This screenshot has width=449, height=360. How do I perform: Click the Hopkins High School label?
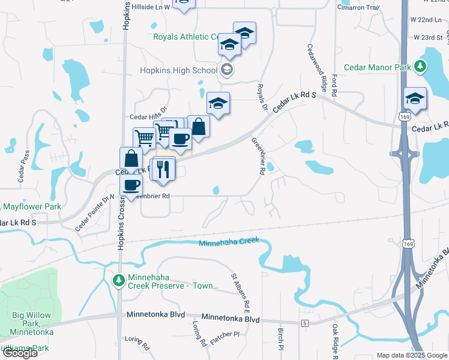pyautogui.click(x=178, y=70)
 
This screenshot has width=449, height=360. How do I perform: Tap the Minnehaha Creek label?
pyautogui.click(x=229, y=242)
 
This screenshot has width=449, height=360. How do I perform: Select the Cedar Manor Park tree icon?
pyautogui.click(x=421, y=67)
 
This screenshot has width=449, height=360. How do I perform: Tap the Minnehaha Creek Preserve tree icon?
pyautogui.click(x=119, y=280)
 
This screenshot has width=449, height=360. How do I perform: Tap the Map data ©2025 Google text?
pyautogui.click(x=412, y=355)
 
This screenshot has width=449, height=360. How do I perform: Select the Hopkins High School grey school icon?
pyautogui.click(x=226, y=70)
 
